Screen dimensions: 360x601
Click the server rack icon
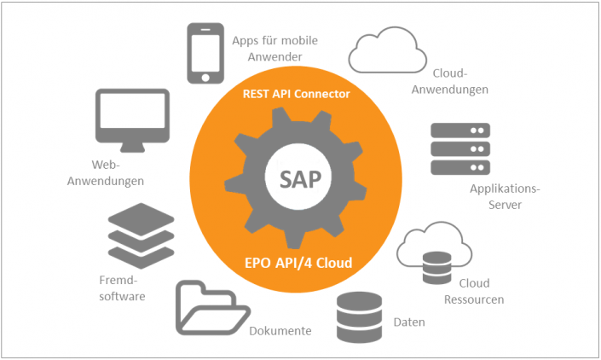459,150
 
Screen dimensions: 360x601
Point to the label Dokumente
280,331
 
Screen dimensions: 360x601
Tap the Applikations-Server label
505,196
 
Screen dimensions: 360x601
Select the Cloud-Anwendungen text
460,82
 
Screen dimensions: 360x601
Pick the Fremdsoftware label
121,288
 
